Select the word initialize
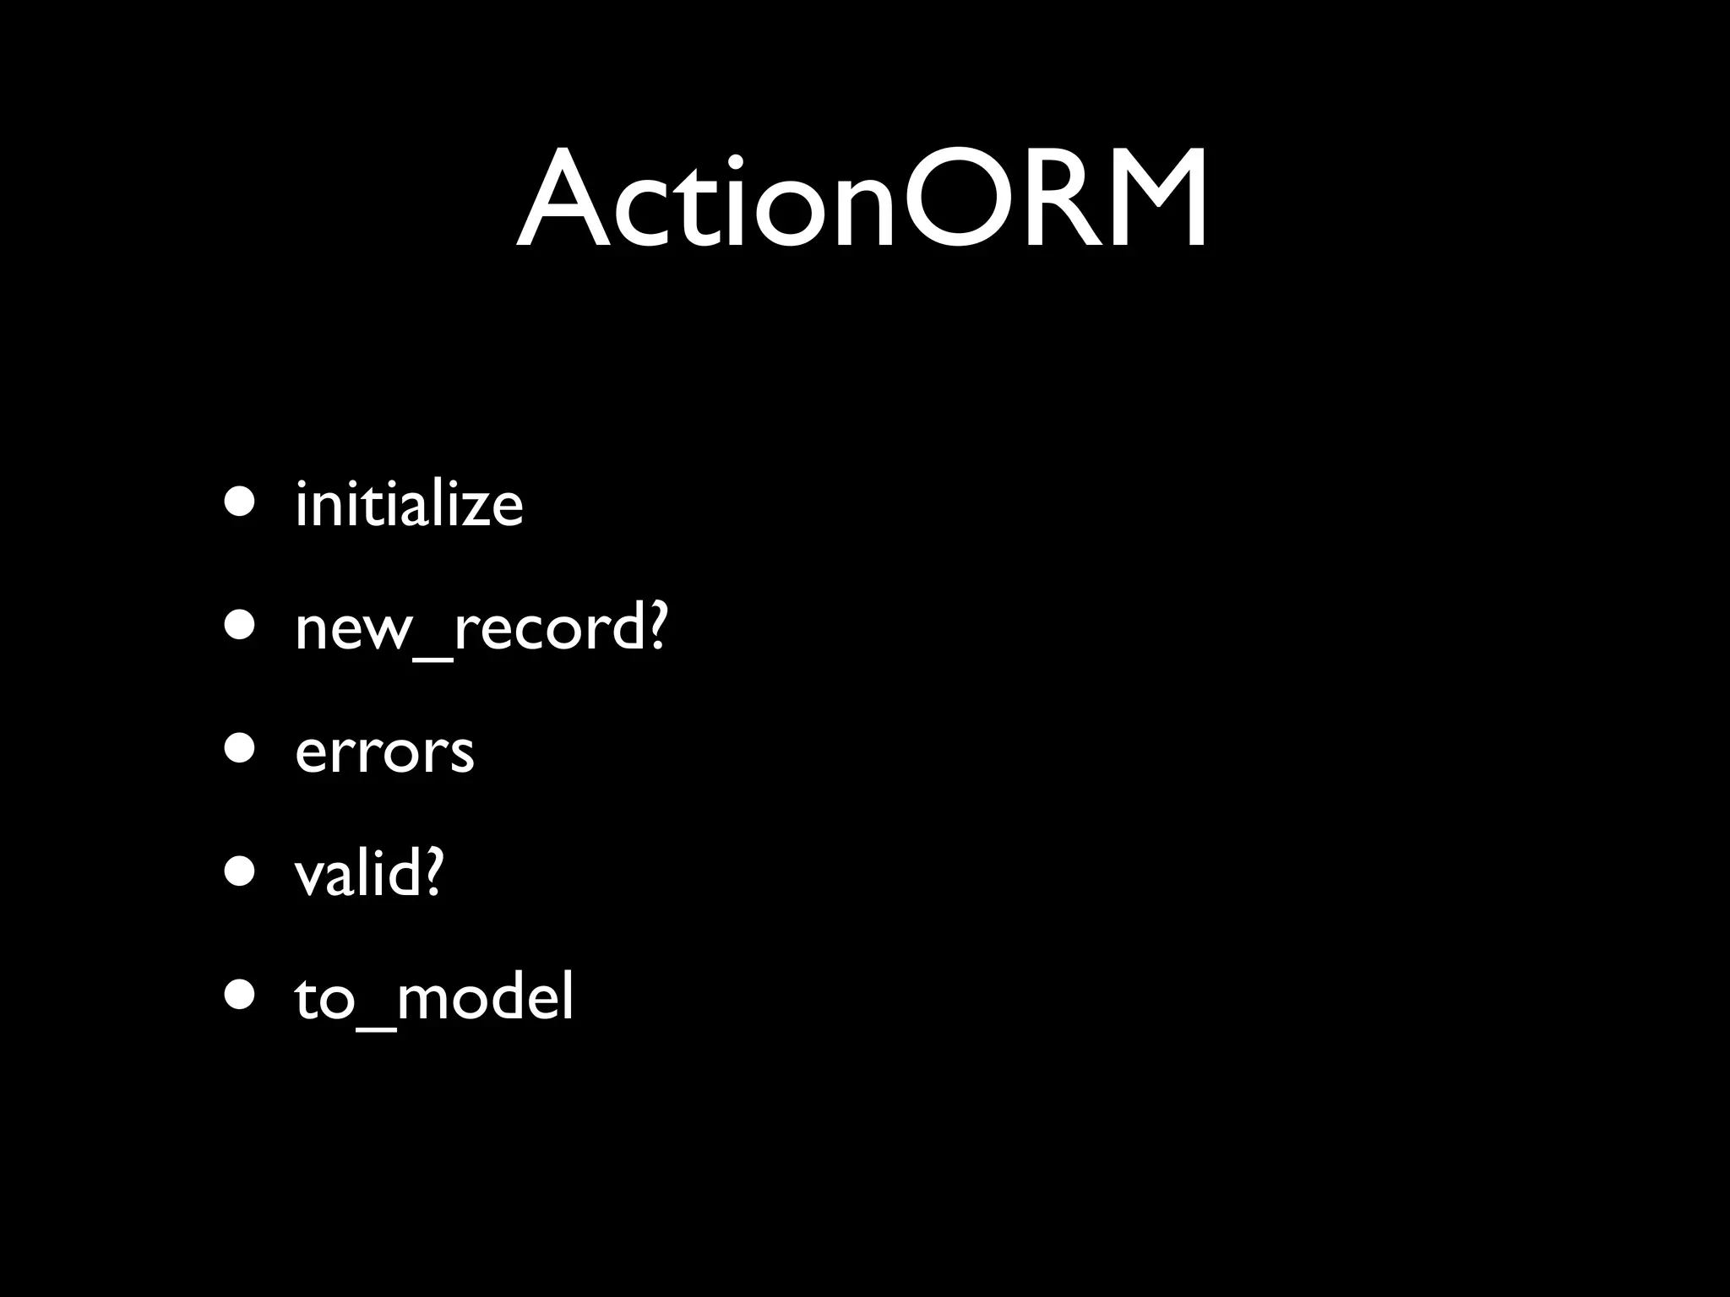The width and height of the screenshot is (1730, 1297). tap(409, 505)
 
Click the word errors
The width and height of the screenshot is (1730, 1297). tap(384, 752)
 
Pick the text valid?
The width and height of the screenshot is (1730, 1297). tap(368, 875)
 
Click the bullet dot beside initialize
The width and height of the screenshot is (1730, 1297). tap(239, 502)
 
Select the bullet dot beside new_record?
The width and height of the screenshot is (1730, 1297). tap(239, 625)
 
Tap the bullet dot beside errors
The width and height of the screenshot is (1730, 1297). tap(239, 748)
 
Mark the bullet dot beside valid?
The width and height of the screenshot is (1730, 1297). tap(239, 871)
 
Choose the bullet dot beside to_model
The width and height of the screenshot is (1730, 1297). tap(239, 995)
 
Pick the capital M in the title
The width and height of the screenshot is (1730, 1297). tap(1151, 201)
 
